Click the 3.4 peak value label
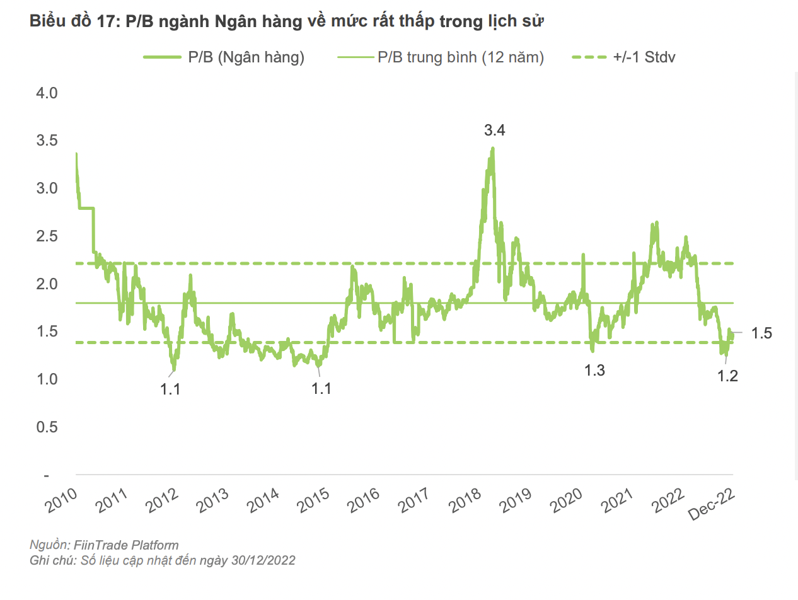click(495, 131)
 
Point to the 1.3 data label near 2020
click(594, 371)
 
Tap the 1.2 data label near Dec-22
click(728, 376)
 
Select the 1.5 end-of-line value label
click(762, 333)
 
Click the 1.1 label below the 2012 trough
click(170, 389)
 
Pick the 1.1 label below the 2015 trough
click(321, 389)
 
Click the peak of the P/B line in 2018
click(492, 149)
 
